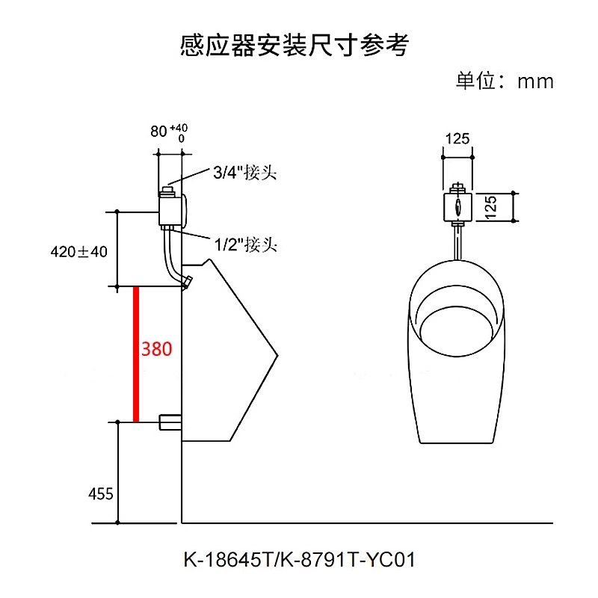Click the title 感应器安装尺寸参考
pos(295,45)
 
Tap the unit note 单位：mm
pos(505,81)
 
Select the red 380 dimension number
pos(157,349)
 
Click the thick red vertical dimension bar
pos(136,354)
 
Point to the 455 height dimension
pos(100,494)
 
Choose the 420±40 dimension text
pos(79,252)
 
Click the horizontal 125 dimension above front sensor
pos(457,138)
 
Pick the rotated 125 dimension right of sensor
pos(490,207)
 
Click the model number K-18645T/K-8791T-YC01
pos(298,559)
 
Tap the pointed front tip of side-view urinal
pos(275,354)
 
